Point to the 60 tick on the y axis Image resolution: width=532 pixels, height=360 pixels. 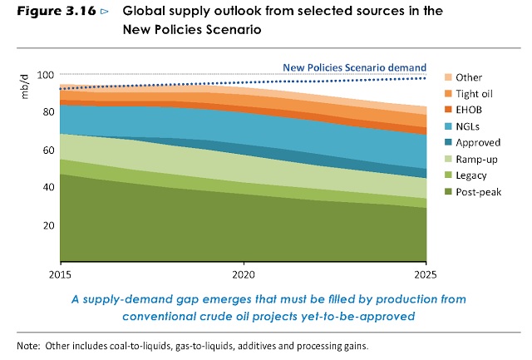48,150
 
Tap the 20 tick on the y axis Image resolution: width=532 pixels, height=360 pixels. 48,224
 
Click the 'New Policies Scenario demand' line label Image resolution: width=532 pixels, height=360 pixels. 354,67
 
